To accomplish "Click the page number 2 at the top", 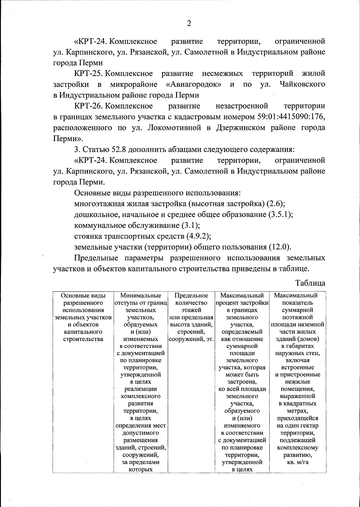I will [x=189, y=24].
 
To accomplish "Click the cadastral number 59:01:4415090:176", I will [x=290, y=117].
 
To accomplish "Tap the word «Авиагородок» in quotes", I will [x=194, y=84].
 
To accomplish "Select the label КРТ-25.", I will [x=89, y=74].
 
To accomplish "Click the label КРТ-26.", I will [x=89, y=106].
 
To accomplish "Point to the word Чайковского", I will [x=302, y=84].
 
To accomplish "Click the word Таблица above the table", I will [x=310, y=283].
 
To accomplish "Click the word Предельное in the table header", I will [x=191, y=295].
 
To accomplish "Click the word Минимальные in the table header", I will [x=141, y=295].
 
